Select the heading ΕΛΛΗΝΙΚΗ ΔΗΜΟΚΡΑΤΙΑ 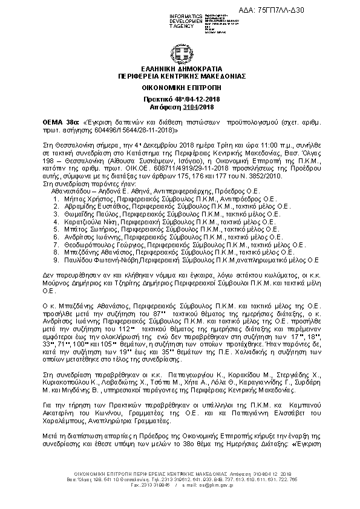(x=180, y=69)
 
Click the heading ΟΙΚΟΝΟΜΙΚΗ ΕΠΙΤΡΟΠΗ (x=180, y=88)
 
